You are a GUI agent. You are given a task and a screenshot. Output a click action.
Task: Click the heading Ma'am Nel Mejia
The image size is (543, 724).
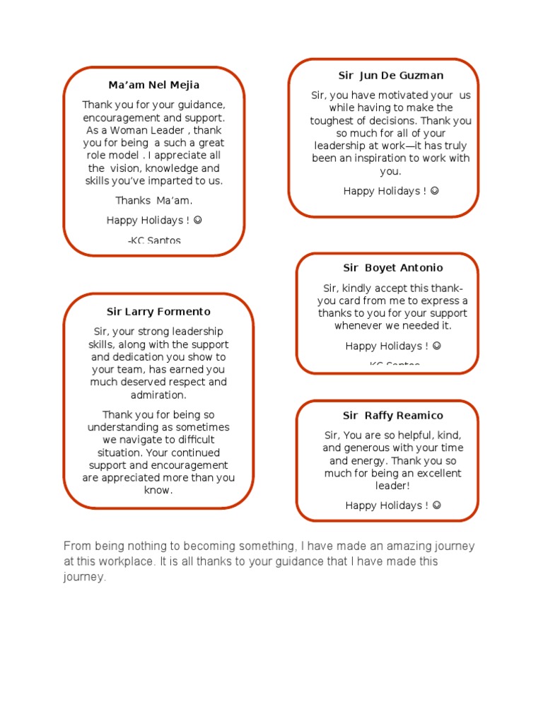153,85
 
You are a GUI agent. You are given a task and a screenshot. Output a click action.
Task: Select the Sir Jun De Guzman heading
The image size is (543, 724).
391,76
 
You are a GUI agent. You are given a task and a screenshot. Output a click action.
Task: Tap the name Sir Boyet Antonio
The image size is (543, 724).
393,268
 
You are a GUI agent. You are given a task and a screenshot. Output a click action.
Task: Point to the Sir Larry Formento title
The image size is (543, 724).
158,312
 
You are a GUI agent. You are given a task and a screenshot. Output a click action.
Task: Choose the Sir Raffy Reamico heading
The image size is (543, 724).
393,416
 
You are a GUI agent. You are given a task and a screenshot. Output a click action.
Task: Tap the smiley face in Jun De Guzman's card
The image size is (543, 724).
435,191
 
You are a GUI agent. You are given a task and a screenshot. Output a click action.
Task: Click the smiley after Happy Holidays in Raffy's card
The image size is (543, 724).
437,506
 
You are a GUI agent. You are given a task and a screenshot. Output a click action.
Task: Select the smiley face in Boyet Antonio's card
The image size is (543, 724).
437,346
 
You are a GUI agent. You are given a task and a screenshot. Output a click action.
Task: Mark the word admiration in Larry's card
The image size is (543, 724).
158,395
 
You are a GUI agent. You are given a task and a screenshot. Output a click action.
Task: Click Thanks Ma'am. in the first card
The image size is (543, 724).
153,201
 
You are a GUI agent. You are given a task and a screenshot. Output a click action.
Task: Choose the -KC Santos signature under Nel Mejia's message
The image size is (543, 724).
154,241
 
